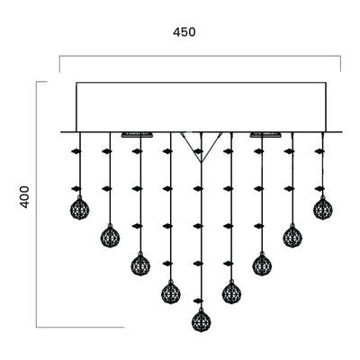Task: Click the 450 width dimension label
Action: (184, 32)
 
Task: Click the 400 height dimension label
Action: (25, 197)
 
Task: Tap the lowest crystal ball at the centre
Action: (202, 321)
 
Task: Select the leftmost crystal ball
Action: (79, 209)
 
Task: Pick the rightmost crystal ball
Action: (323, 209)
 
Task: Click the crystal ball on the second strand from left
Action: (110, 237)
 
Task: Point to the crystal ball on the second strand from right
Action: (292, 237)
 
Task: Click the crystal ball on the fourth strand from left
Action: (171, 293)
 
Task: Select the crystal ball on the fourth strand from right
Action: (231, 293)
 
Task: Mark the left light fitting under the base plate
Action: (138, 135)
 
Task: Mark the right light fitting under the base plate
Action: (265, 135)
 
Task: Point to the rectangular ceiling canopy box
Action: (202, 107)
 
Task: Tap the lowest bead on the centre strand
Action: (198, 301)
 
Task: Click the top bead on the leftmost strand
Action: (76, 151)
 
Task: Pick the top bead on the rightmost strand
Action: (319, 151)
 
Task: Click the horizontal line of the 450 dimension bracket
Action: (200, 56)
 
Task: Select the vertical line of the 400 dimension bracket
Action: (36, 204)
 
